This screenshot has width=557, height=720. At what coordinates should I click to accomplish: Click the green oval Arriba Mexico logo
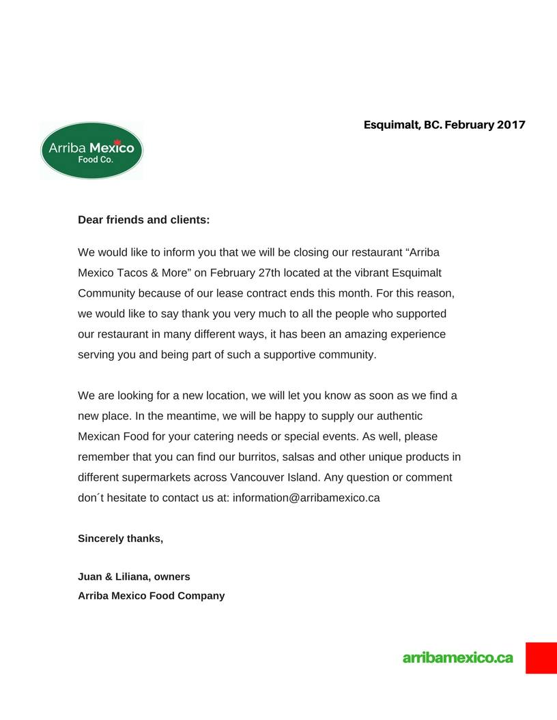pyautogui.click(x=91, y=151)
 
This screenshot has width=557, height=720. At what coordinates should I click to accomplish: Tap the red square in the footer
pyautogui.click(x=541, y=657)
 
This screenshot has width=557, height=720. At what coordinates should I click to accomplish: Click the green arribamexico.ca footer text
pyautogui.click(x=457, y=658)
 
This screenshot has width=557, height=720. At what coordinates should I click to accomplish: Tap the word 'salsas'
pyautogui.click(x=317, y=457)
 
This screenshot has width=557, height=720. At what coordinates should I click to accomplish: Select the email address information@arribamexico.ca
pyautogui.click(x=306, y=498)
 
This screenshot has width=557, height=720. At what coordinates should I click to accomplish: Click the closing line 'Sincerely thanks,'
pyautogui.click(x=120, y=539)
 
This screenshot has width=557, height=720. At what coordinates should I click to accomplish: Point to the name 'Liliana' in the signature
pyautogui.click(x=132, y=577)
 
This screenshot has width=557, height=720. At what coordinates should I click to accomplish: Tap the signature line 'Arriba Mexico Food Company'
pyautogui.click(x=151, y=596)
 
